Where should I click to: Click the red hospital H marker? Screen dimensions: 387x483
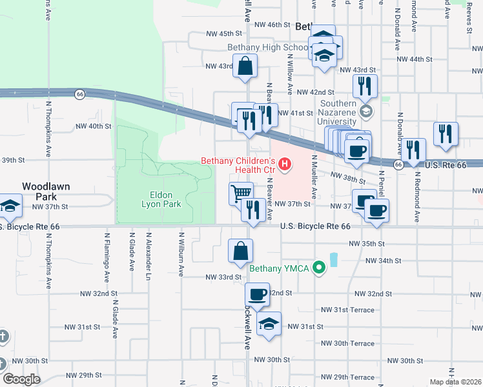tap(283, 164)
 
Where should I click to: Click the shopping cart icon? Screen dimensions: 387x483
tap(241, 192)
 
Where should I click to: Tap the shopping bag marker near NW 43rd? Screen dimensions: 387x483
tap(245, 65)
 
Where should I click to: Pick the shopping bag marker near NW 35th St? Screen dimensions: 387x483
tap(240, 250)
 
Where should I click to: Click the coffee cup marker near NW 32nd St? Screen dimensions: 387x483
tap(258, 295)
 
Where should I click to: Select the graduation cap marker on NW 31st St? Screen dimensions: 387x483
tap(269, 324)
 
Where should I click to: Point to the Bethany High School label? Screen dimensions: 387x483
tap(267, 48)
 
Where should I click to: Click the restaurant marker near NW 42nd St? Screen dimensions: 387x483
tap(365, 85)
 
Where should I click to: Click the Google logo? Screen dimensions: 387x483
tap(21, 379)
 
